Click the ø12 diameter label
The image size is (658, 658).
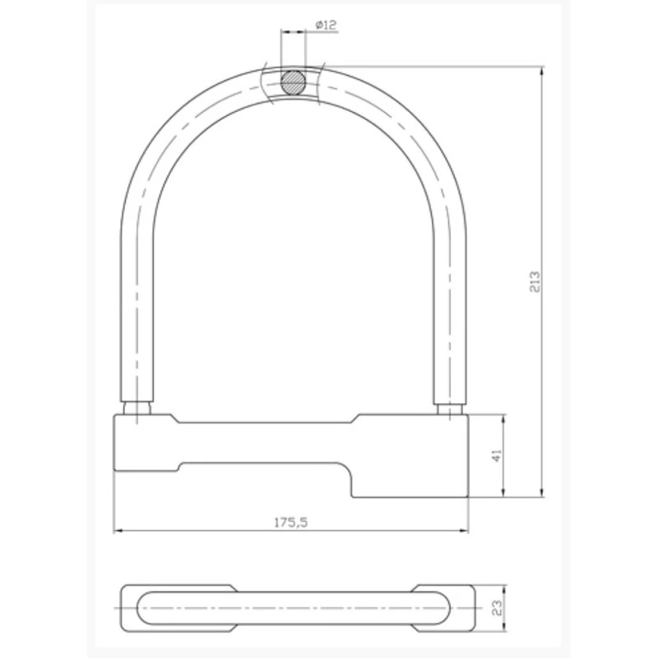tap(326, 25)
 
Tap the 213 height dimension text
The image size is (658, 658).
tap(535, 281)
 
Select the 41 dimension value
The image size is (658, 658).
tap(497, 456)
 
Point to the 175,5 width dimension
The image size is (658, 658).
tap(291, 522)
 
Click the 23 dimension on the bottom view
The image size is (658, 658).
tap(497, 608)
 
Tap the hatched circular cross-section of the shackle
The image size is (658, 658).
tap(293, 82)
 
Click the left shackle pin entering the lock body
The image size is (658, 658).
tap(137, 408)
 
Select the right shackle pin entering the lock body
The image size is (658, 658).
tap(449, 408)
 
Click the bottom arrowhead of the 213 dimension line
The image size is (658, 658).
tap(542, 493)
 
